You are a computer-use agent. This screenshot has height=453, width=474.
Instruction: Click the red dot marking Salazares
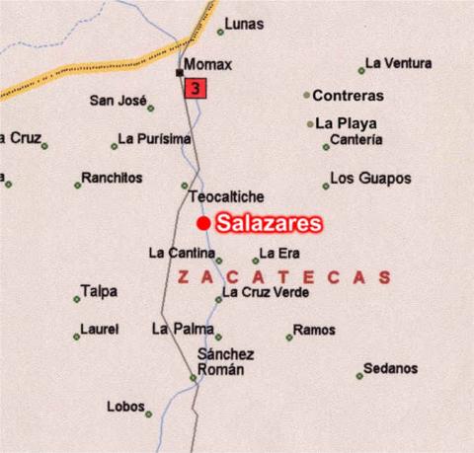[x=203, y=223]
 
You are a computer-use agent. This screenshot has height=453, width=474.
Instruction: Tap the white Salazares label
[x=269, y=223]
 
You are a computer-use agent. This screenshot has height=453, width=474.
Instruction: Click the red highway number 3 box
[x=195, y=89]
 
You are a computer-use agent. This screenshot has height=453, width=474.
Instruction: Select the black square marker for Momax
[x=179, y=72]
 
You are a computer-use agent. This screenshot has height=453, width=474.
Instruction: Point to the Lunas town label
[x=244, y=24]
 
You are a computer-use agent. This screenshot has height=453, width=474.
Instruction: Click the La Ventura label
[x=398, y=63]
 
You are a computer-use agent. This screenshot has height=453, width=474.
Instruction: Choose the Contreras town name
[x=348, y=96]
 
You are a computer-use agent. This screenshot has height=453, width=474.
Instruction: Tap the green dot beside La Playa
[x=310, y=124]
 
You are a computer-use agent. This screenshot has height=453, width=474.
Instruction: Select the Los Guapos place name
[x=370, y=179]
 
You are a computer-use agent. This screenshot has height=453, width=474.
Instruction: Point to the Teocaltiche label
[x=226, y=196]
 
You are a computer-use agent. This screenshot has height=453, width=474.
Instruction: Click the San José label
[x=117, y=100]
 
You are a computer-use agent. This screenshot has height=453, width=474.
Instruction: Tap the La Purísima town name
[x=154, y=139]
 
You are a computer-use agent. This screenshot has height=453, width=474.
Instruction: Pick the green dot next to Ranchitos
[x=77, y=185]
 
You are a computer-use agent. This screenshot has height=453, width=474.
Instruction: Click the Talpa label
[x=99, y=291]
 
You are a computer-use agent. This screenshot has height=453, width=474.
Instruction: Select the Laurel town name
[x=100, y=329]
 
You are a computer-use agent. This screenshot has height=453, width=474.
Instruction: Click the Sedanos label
[x=390, y=368]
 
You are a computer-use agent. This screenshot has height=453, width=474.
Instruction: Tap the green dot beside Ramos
[x=289, y=338]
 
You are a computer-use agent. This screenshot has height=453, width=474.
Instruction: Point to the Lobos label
[x=125, y=407]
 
